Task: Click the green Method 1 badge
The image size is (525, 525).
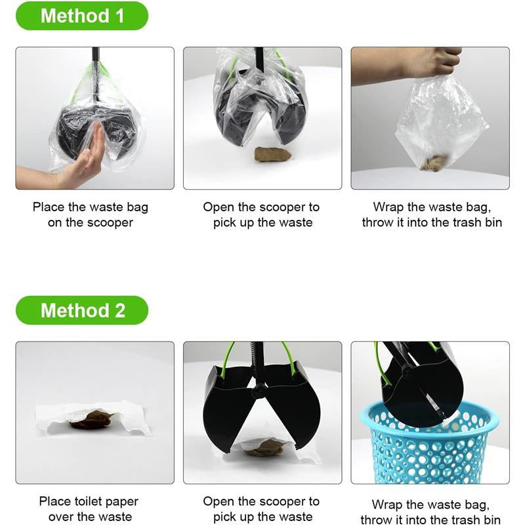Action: tap(82, 16)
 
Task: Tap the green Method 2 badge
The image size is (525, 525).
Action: tap(82, 310)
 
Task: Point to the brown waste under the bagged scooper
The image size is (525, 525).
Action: tap(272, 154)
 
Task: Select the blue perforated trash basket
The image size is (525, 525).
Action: tap(429, 442)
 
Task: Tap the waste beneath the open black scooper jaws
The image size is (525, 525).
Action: tap(263, 449)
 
